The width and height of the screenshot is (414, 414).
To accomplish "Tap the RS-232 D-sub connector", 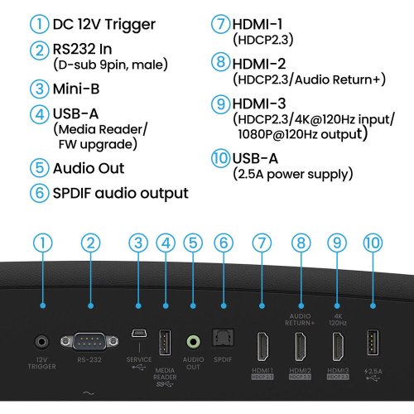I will click(x=90, y=341).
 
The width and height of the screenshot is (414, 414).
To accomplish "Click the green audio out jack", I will click(x=194, y=340).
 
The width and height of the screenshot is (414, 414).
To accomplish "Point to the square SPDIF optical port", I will click(x=221, y=339).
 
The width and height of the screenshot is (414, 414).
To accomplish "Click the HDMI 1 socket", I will click(x=262, y=344).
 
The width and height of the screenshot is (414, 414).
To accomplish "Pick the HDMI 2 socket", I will click(x=300, y=344).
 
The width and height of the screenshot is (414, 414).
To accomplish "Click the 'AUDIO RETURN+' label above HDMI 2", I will click(x=300, y=319).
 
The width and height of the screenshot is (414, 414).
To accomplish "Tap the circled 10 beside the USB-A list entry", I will click(x=219, y=157).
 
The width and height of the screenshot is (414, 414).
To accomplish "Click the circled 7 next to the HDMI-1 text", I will click(x=219, y=24).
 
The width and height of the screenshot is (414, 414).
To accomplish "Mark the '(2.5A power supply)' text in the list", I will click(x=294, y=174).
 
